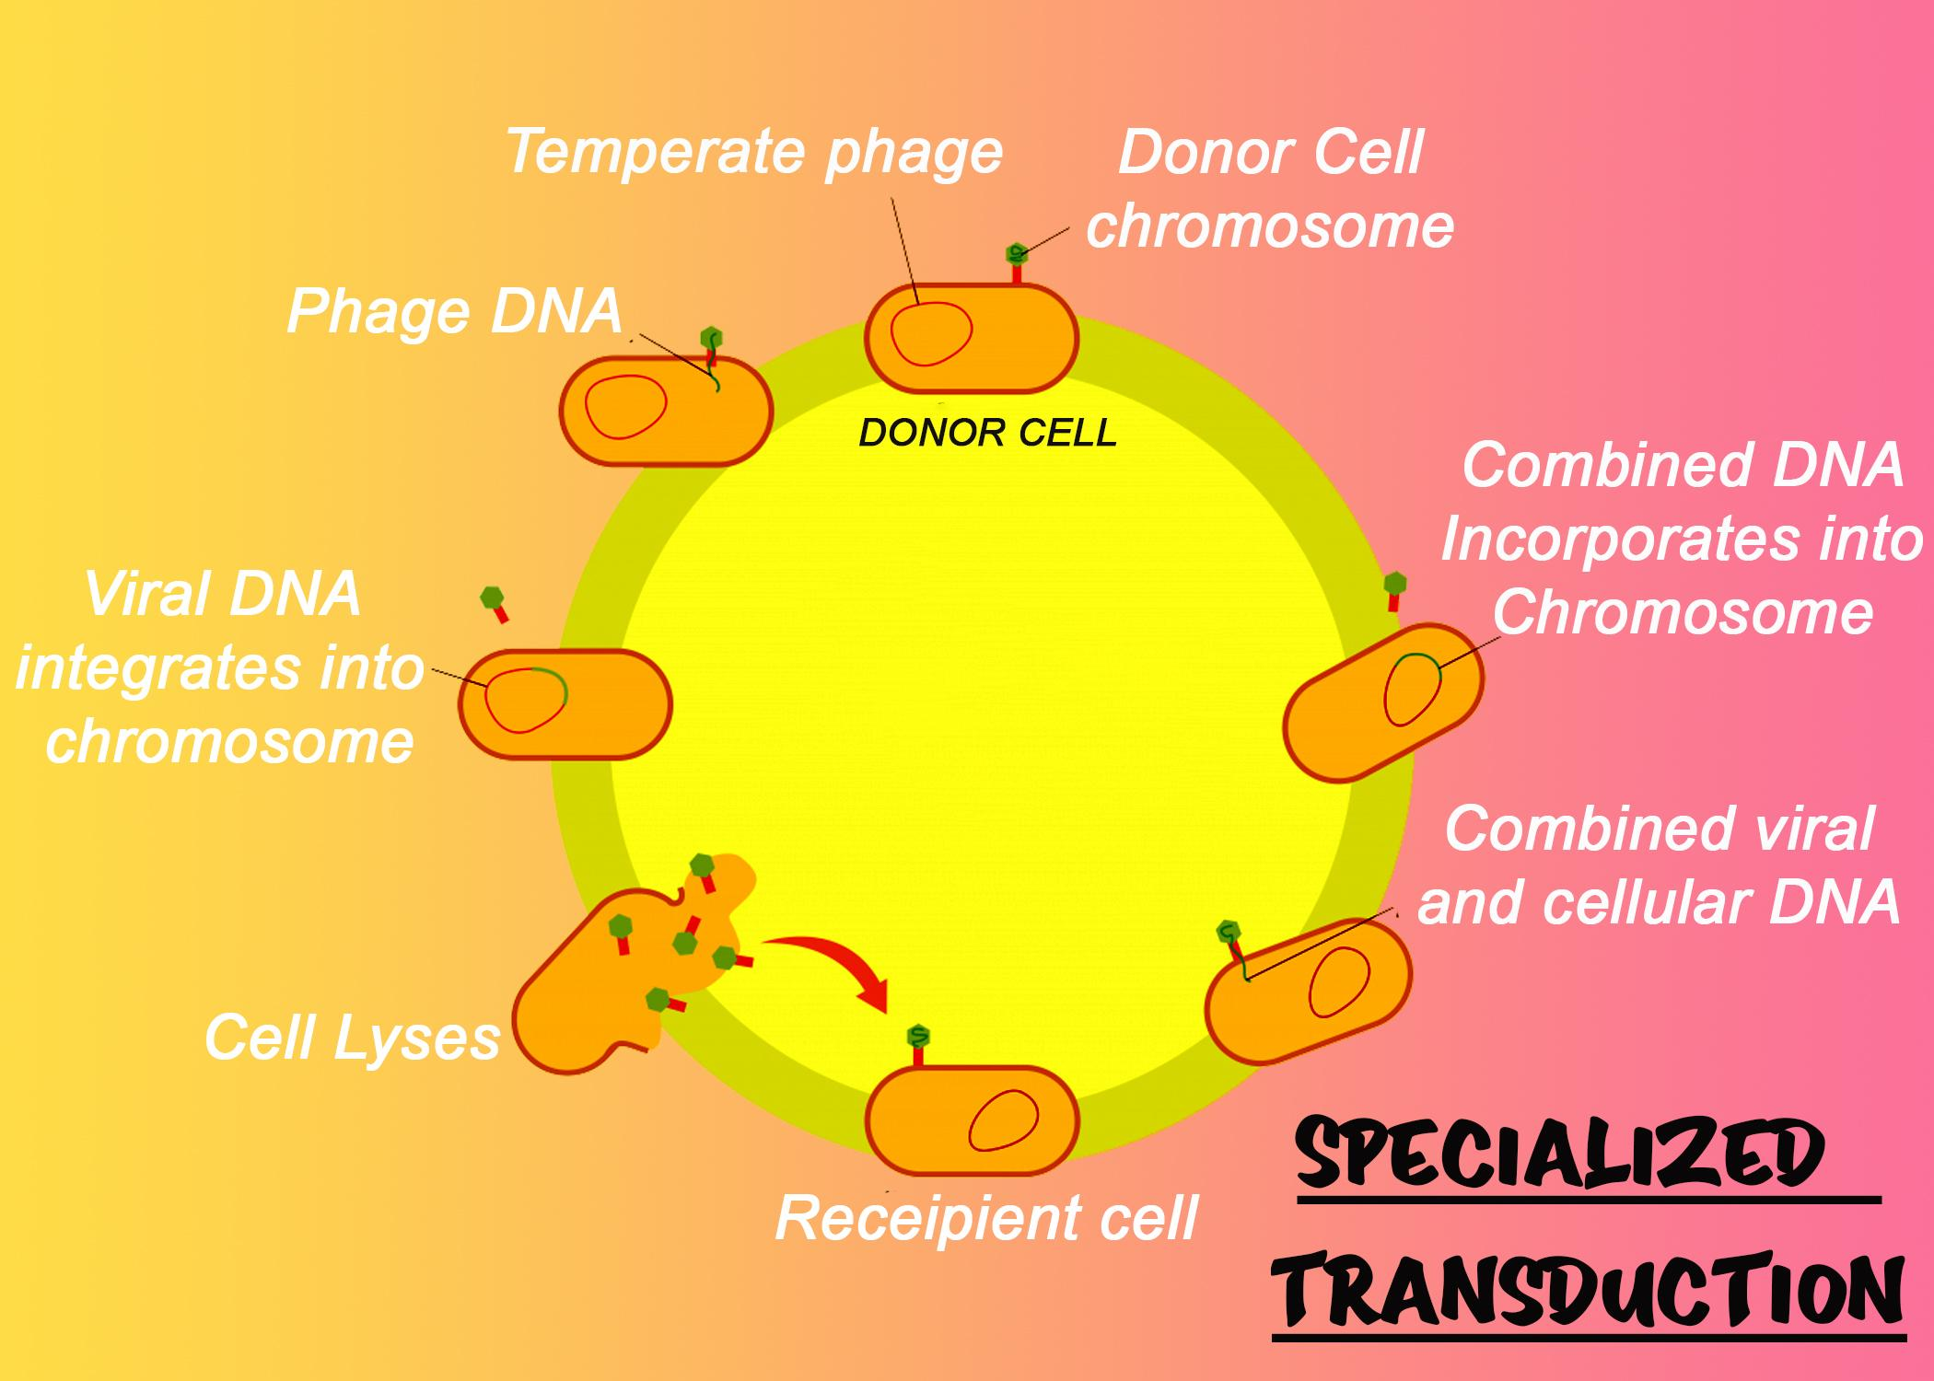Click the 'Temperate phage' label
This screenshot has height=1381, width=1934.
[x=753, y=152]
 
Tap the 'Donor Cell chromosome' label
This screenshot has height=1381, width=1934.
[x=1270, y=190]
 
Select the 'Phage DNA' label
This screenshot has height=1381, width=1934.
[x=454, y=311]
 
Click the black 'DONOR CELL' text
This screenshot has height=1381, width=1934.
[x=987, y=433]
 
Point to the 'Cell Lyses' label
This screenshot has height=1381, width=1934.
[x=352, y=1038]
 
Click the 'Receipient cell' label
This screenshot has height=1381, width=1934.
[x=985, y=1218]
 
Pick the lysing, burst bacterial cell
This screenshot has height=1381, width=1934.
[x=599, y=985]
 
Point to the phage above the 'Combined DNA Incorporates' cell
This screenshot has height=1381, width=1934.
[x=1395, y=589]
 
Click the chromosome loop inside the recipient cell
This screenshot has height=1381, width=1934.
[x=1003, y=1119]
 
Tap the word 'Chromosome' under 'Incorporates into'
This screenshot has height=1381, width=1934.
[x=1683, y=612]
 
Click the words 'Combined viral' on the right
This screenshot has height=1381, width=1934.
[x=1659, y=829]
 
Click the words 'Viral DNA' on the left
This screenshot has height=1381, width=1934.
[x=223, y=594]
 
